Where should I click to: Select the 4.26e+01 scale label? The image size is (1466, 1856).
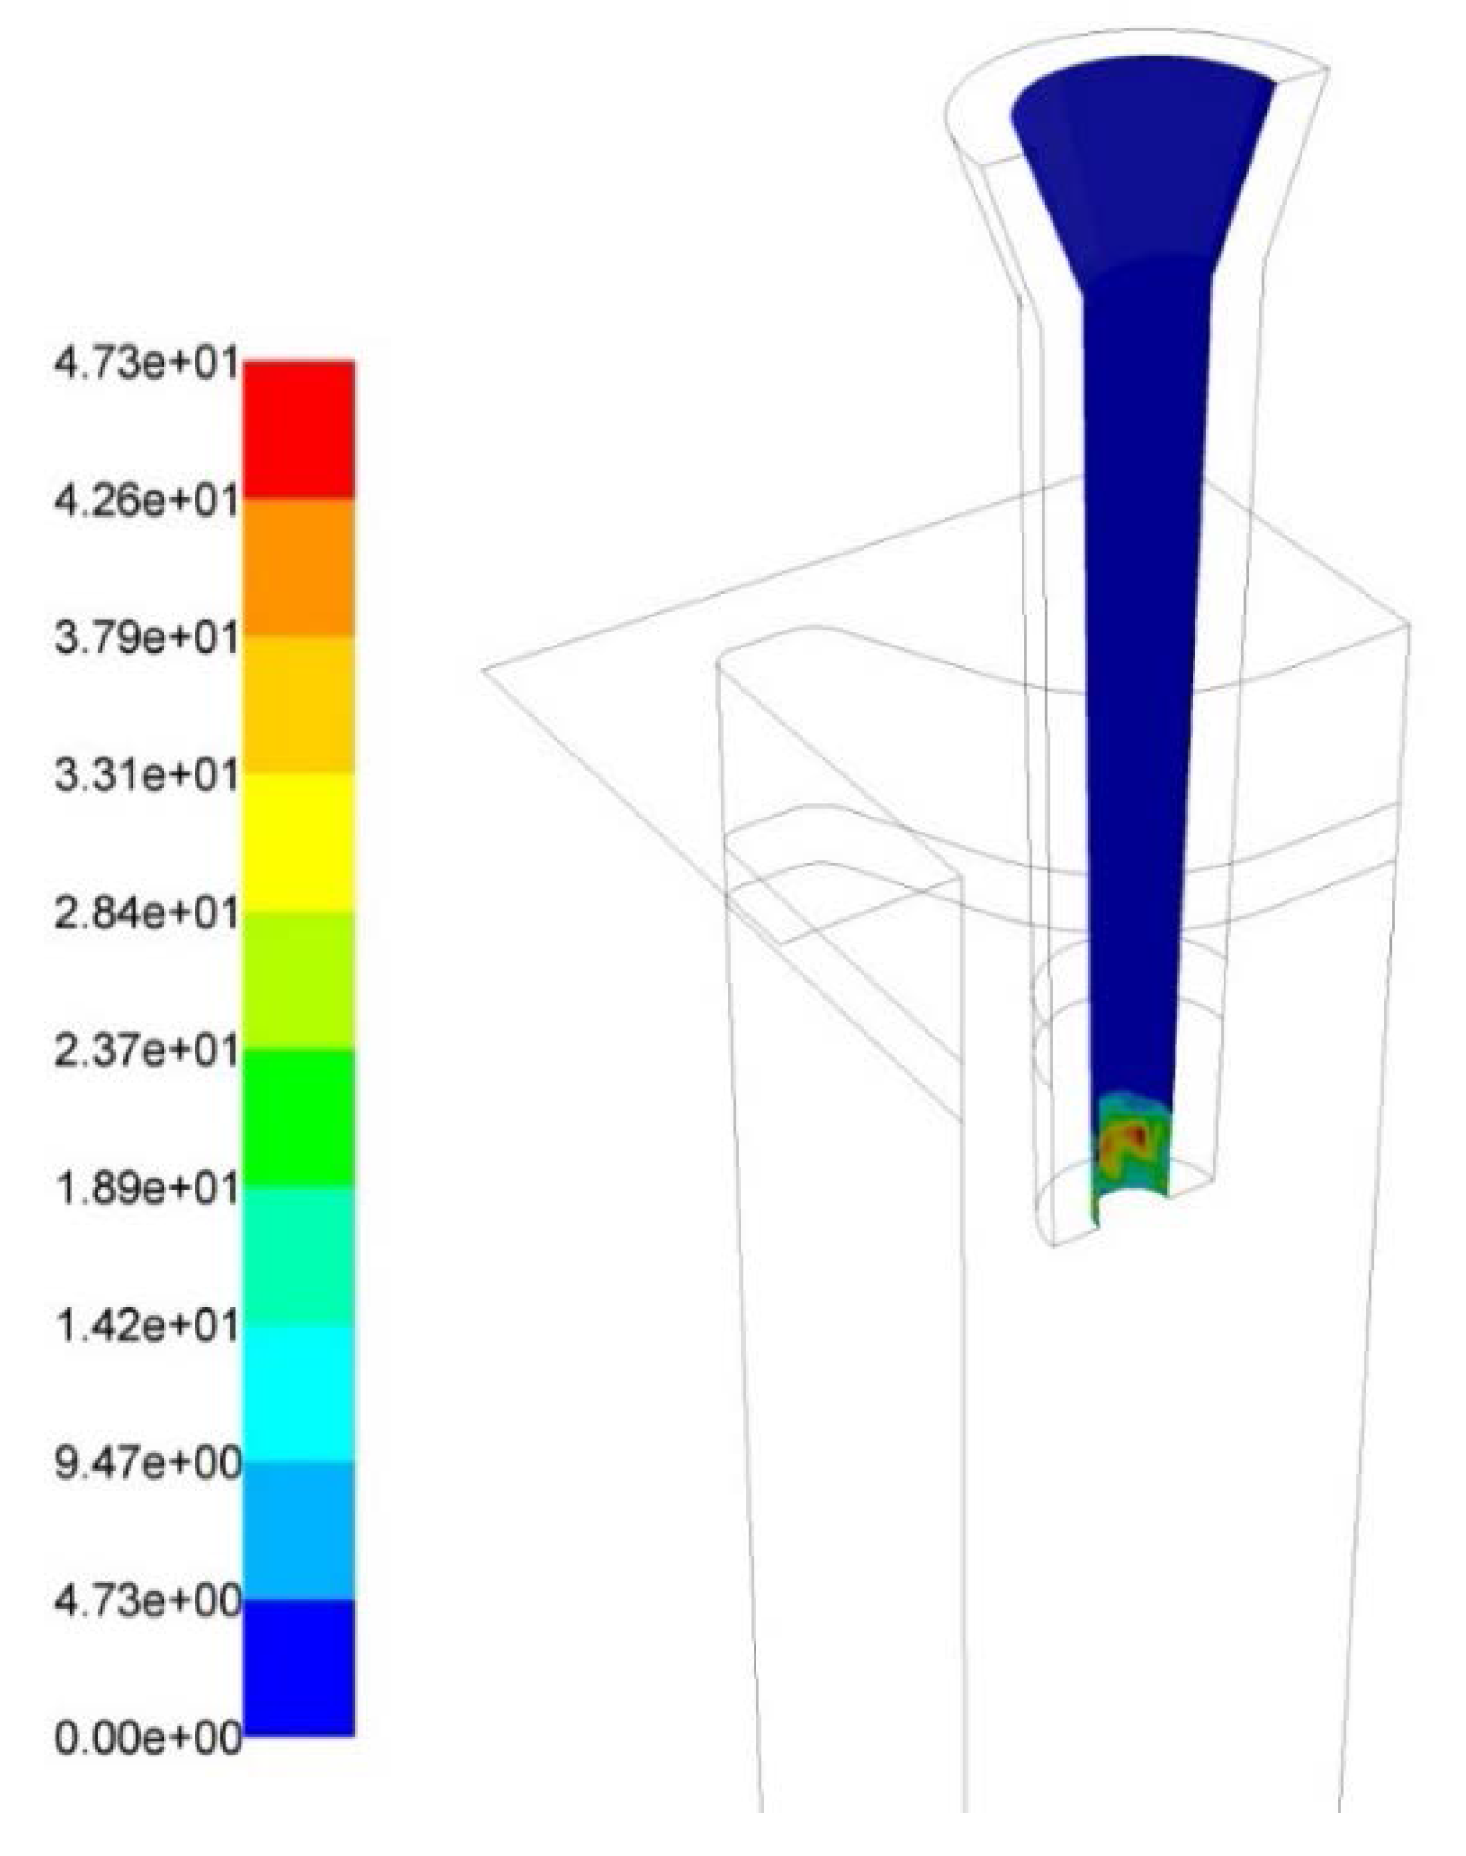coord(147,500)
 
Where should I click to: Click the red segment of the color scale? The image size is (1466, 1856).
coord(299,429)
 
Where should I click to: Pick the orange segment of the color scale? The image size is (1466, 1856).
coord(299,567)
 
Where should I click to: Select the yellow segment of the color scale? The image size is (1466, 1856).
coord(299,842)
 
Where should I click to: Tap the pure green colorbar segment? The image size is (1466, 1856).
coord(299,1117)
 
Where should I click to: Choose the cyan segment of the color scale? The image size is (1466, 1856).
coord(299,1393)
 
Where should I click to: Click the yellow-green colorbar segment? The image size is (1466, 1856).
coord(299,980)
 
